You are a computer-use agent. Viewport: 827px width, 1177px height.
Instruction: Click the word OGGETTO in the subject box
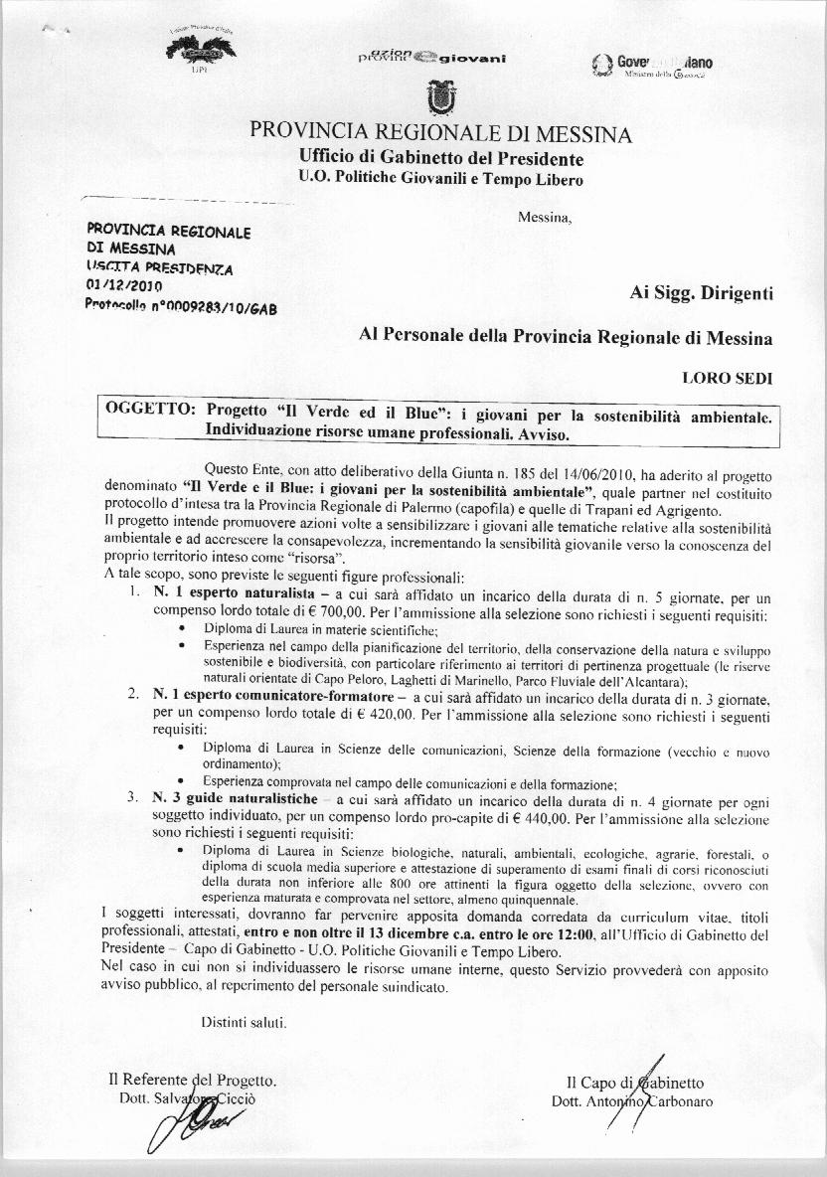tap(151, 412)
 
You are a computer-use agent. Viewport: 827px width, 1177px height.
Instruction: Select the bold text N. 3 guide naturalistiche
tap(235, 799)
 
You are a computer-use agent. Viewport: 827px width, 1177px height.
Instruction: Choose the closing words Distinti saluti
tap(245, 1021)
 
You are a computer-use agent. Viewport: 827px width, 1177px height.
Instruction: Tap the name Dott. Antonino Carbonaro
tap(631, 1100)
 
